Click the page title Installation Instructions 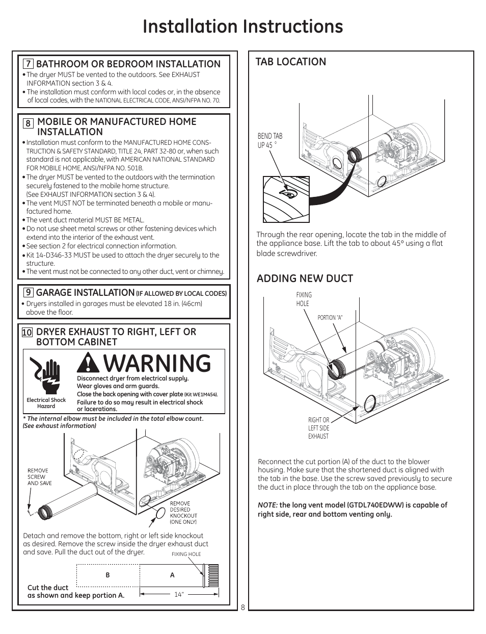tap(242, 27)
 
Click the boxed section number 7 tap(29, 64)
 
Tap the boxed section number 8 tap(29, 123)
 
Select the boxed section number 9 tap(29, 293)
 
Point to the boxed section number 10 tap(27, 333)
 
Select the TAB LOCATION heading tap(291, 62)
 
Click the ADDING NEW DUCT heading tap(305, 278)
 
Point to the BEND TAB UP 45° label tap(269, 140)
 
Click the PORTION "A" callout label tap(330, 317)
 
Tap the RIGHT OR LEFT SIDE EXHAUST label tap(318, 428)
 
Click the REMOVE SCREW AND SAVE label tap(39, 477)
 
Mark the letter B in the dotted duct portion tap(107, 575)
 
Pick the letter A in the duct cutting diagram tap(172, 575)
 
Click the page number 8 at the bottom tap(243, 607)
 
